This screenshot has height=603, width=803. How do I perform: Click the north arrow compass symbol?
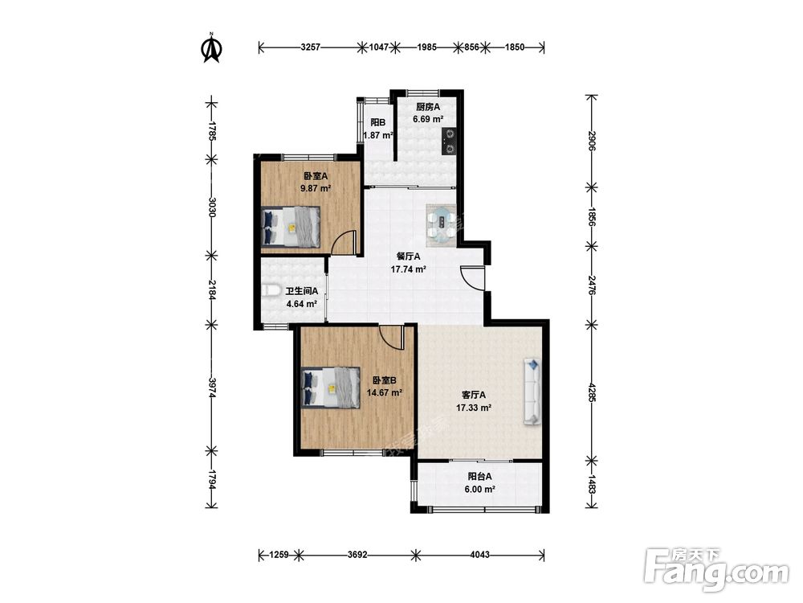coord(211,47)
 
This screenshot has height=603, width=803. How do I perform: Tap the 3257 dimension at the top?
coord(310,47)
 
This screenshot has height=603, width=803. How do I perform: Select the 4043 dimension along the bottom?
coord(479,554)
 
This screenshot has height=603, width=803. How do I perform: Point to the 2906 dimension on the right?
coord(592,141)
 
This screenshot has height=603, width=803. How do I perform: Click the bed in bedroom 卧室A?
coord(291,228)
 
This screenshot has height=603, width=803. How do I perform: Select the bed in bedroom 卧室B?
coord(331,388)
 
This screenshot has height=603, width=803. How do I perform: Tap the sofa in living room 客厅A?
coord(532,392)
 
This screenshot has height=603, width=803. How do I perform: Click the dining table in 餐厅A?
coord(441,224)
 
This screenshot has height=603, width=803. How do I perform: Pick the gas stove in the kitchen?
coord(449,141)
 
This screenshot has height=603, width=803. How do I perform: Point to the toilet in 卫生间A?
coord(271,291)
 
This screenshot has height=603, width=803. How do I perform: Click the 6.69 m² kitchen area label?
coord(428,119)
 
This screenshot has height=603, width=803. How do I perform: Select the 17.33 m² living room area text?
coord(474,408)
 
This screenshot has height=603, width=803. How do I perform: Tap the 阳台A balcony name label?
coord(479,476)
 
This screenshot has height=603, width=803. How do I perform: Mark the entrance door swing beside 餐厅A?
coord(472,278)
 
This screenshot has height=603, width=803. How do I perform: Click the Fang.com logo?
coord(716,570)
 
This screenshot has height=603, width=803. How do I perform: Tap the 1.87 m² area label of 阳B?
coord(378,135)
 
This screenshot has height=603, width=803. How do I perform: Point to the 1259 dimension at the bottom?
coord(279,554)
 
